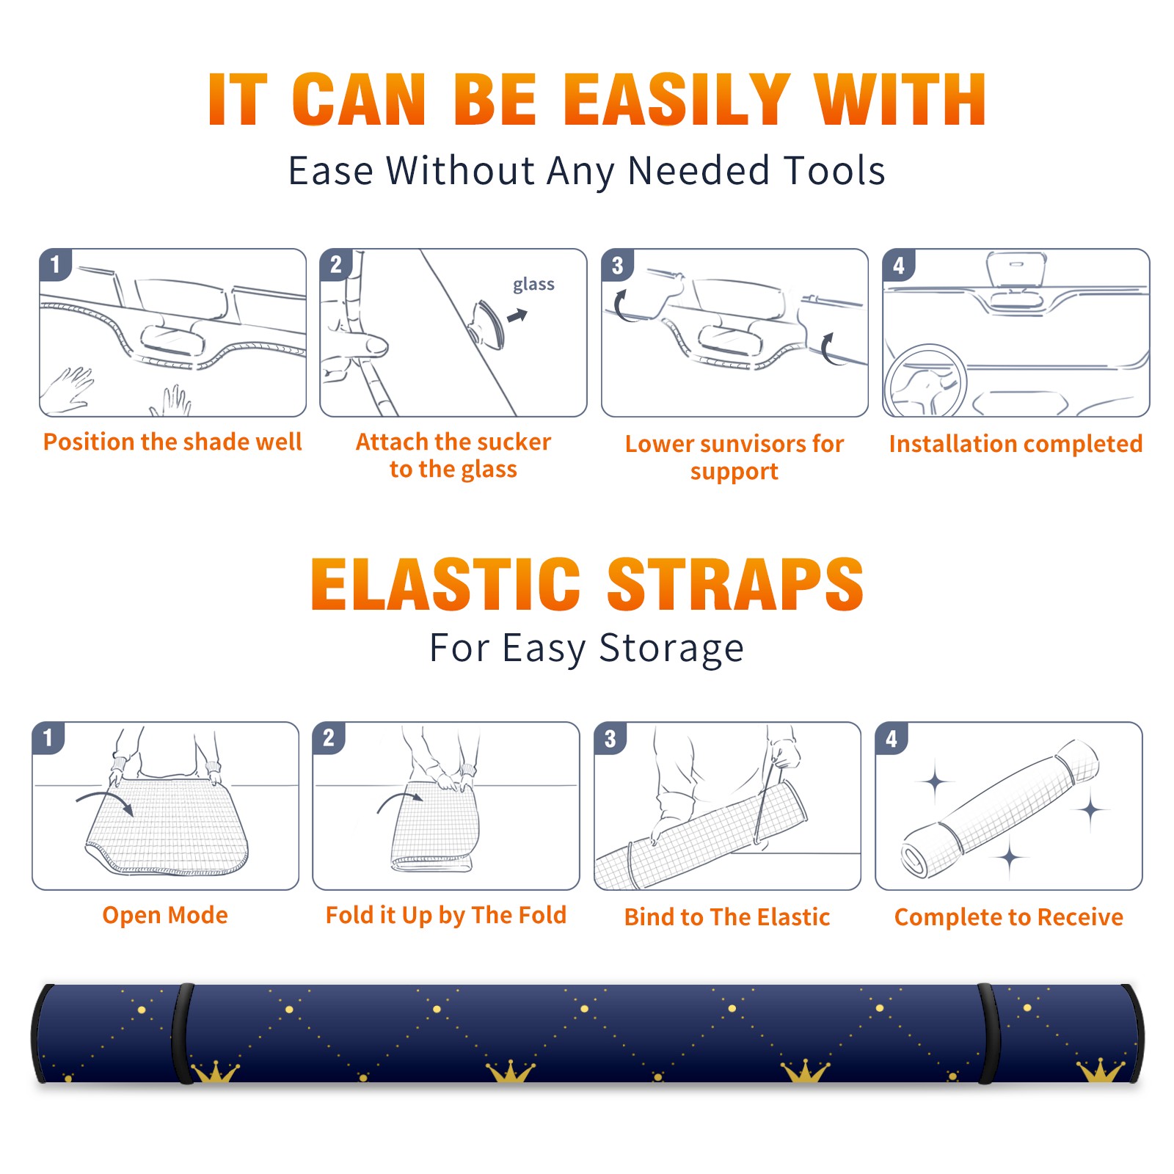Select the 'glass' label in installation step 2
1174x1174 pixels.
click(x=533, y=285)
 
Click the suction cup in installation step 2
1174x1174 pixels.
click(x=488, y=324)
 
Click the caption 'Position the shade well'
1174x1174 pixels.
click(x=172, y=442)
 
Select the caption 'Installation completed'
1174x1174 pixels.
click(x=1016, y=444)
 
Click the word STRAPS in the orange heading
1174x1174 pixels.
click(x=735, y=584)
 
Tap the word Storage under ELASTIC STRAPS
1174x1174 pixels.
click(x=671, y=649)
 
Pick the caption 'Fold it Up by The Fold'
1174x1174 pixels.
click(x=446, y=915)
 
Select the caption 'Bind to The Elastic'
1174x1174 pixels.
click(x=727, y=917)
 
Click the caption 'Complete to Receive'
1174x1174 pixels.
click(x=1009, y=917)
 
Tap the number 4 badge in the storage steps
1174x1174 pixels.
click(x=892, y=738)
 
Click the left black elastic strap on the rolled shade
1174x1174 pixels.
click(x=182, y=1033)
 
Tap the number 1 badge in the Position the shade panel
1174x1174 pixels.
click(x=55, y=264)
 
